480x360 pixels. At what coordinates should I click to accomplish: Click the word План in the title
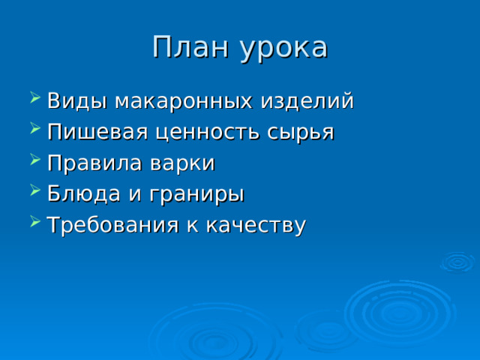click(190, 46)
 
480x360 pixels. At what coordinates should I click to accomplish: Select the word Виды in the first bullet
click(77, 100)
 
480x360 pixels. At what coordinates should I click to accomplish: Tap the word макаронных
click(184, 101)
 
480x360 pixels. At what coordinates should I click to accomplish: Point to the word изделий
click(307, 100)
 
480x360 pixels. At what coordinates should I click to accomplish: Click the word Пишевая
click(97, 132)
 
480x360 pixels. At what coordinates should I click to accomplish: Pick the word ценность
click(207, 133)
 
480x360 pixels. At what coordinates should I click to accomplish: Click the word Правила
click(94, 163)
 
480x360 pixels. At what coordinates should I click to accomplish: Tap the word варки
click(182, 163)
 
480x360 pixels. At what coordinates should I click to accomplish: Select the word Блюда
click(84, 193)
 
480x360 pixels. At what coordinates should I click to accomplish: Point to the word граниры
click(196, 195)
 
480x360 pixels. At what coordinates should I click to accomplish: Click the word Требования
click(112, 225)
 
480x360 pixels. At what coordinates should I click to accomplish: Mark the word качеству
click(256, 226)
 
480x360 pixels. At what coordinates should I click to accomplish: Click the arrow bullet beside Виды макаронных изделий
click(35, 97)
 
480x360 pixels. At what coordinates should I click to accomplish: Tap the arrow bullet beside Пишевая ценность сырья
click(35, 128)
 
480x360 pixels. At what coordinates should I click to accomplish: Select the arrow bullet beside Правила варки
click(35, 159)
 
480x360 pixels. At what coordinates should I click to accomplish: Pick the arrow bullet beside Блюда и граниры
click(35, 190)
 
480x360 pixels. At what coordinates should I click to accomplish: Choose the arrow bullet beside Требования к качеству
click(35, 221)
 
